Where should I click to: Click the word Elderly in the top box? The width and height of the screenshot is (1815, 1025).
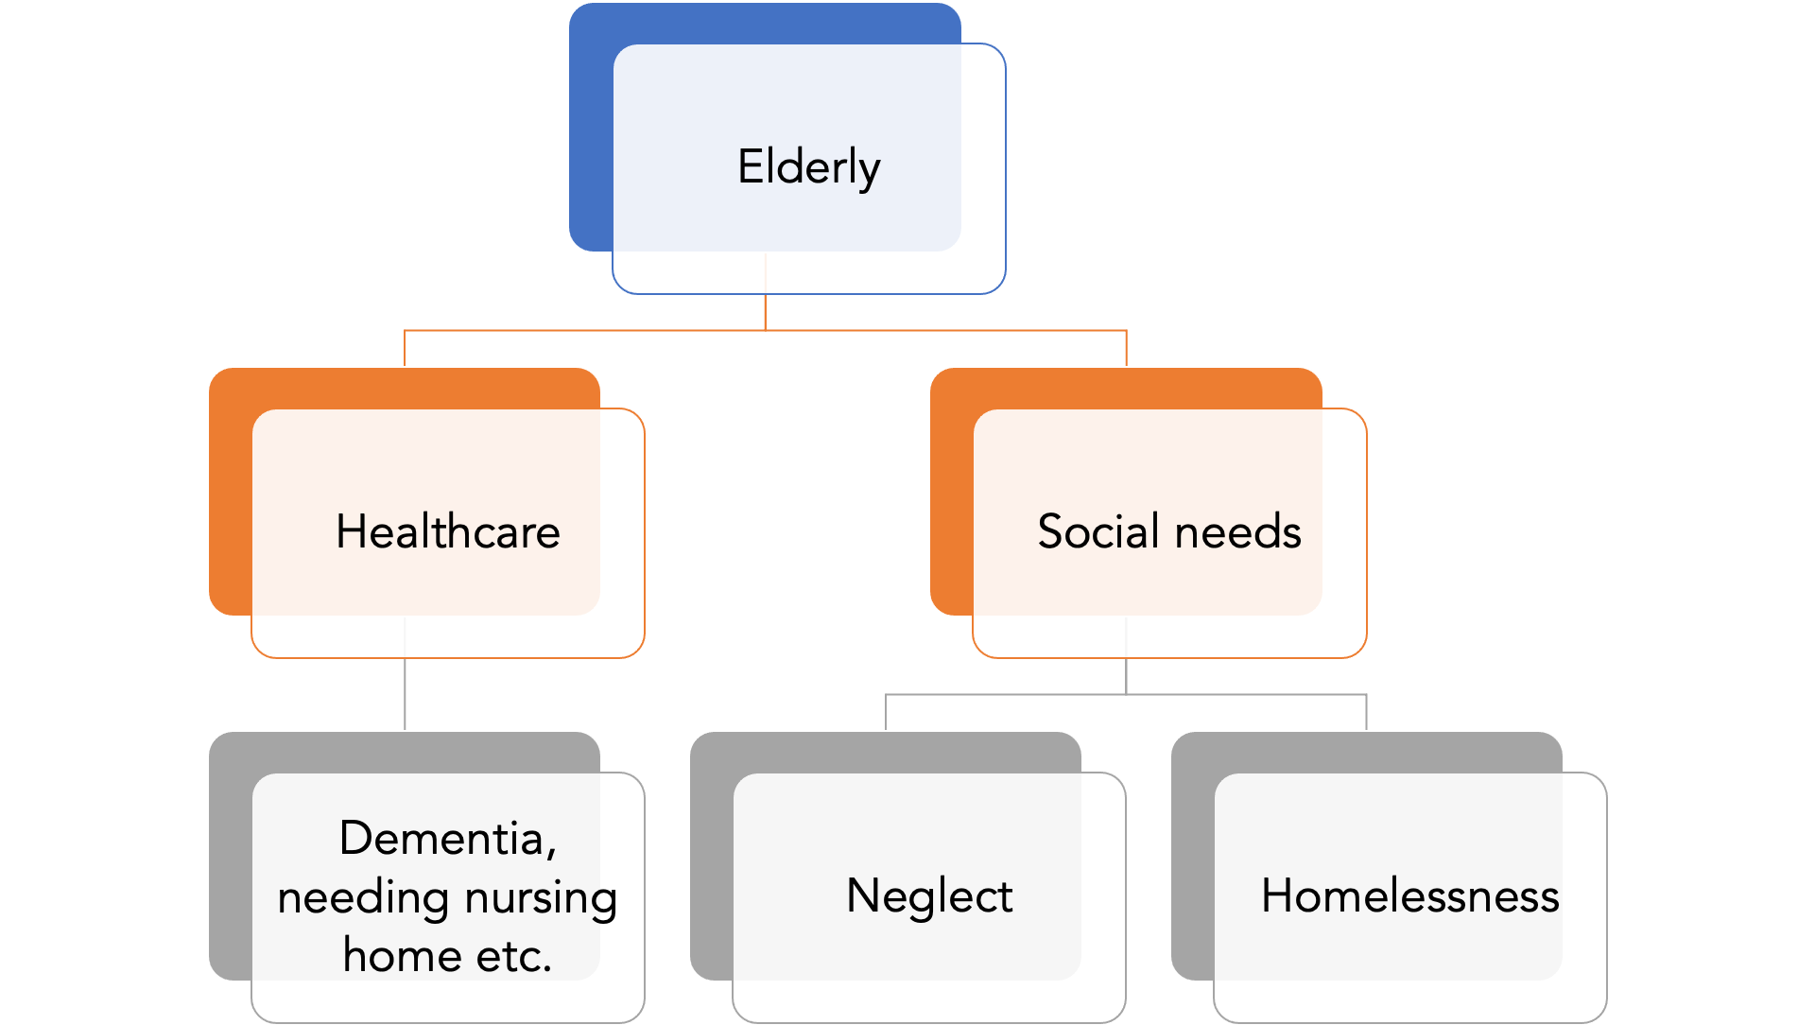[808, 167]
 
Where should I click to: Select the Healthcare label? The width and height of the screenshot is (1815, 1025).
[447, 531]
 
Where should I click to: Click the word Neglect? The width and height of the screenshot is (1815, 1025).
[928, 895]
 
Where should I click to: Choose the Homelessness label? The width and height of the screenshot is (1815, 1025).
[1409, 895]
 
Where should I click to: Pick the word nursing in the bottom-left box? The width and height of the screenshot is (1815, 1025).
[541, 897]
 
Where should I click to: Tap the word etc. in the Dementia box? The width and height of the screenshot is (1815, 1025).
[513, 956]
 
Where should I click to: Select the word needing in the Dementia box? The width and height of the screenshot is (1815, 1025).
[364, 897]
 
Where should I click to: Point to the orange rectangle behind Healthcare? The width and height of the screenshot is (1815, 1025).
[230, 492]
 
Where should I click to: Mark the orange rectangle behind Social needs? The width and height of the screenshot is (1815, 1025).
[951, 492]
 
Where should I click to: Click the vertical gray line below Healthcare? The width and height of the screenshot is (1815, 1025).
[405, 694]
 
